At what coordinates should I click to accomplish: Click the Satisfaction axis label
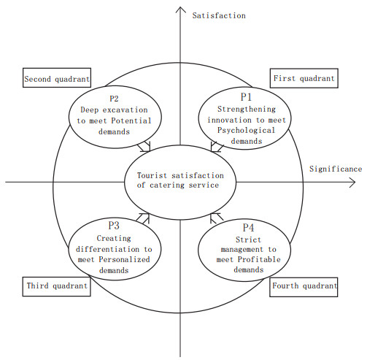[219, 15]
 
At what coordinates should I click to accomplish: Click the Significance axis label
[336, 169]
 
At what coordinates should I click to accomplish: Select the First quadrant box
[304, 78]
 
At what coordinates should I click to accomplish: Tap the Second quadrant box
[57, 77]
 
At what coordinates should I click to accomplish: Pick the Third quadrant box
[57, 286]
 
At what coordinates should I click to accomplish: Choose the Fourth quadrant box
[304, 287]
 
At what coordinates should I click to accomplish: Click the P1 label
[246, 97]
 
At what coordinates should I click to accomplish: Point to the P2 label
[114, 99]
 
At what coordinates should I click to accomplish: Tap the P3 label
[114, 226]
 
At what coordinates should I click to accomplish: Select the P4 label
[248, 228]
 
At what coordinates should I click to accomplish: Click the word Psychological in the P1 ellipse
[246, 131]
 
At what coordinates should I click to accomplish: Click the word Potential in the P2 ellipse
[131, 120]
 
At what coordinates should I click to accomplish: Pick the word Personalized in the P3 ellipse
[124, 259]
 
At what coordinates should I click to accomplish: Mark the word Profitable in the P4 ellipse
[259, 259]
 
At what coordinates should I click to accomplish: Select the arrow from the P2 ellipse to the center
[144, 147]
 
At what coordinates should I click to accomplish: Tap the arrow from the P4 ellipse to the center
[217, 218]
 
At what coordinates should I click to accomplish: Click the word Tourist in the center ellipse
[152, 175]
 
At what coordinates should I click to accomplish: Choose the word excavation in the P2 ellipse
[125, 110]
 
